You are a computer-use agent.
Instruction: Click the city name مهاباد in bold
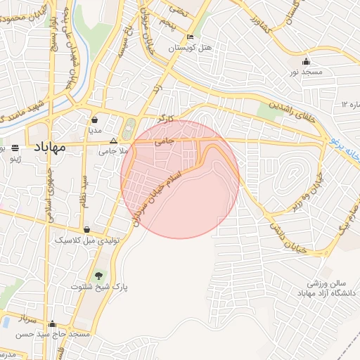[x=49, y=147]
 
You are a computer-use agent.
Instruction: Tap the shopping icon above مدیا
[x=94, y=119]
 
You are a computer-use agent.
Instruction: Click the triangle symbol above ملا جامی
[x=113, y=141]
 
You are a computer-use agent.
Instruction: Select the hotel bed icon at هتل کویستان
[x=191, y=37]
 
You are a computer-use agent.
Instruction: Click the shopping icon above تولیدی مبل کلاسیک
[x=86, y=229]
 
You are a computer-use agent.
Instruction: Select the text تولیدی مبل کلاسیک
[x=89, y=240]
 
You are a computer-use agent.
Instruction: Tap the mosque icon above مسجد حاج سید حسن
[x=52, y=324]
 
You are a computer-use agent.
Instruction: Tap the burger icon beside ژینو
[x=15, y=148]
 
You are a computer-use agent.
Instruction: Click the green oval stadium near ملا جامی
[x=128, y=130]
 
